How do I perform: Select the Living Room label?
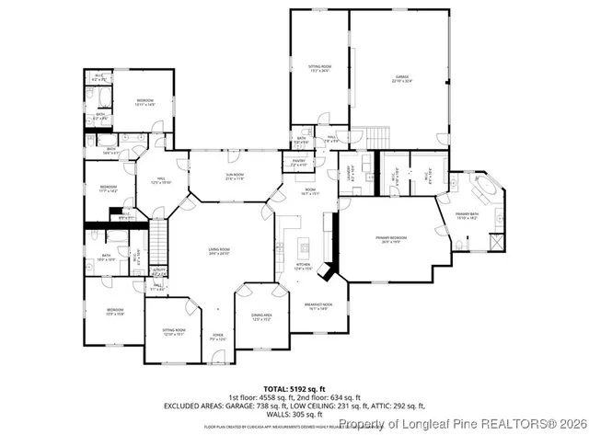pyautogui.click(x=218, y=252)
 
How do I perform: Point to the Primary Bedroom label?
pyautogui.click(x=391, y=241)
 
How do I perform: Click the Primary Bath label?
pyautogui.click(x=480, y=216)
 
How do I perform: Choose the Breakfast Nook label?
pyautogui.click(x=318, y=307)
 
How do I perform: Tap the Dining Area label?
pyautogui.click(x=260, y=317)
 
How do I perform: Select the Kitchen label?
pyautogui.click(x=303, y=267)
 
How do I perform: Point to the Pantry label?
pyautogui.click(x=298, y=162)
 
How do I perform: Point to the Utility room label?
pyautogui.click(x=158, y=271)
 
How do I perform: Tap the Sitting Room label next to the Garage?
pyautogui.click(x=318, y=68)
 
